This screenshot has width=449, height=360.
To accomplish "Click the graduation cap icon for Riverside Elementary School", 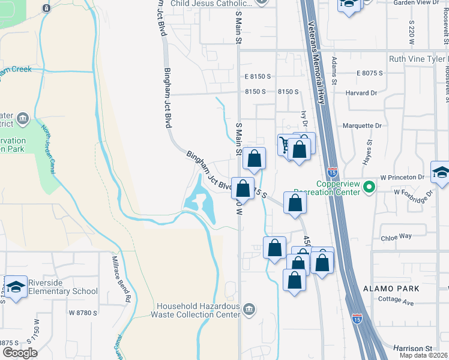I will pyautogui.click(x=16, y=286).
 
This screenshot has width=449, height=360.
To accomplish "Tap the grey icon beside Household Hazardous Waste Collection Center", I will pyautogui.click(x=249, y=309).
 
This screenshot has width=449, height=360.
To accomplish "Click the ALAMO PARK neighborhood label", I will pyautogui.click(x=390, y=289).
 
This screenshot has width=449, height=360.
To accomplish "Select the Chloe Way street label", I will pyautogui.click(x=396, y=237).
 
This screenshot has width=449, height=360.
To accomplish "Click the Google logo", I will pyautogui.click(x=19, y=353).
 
